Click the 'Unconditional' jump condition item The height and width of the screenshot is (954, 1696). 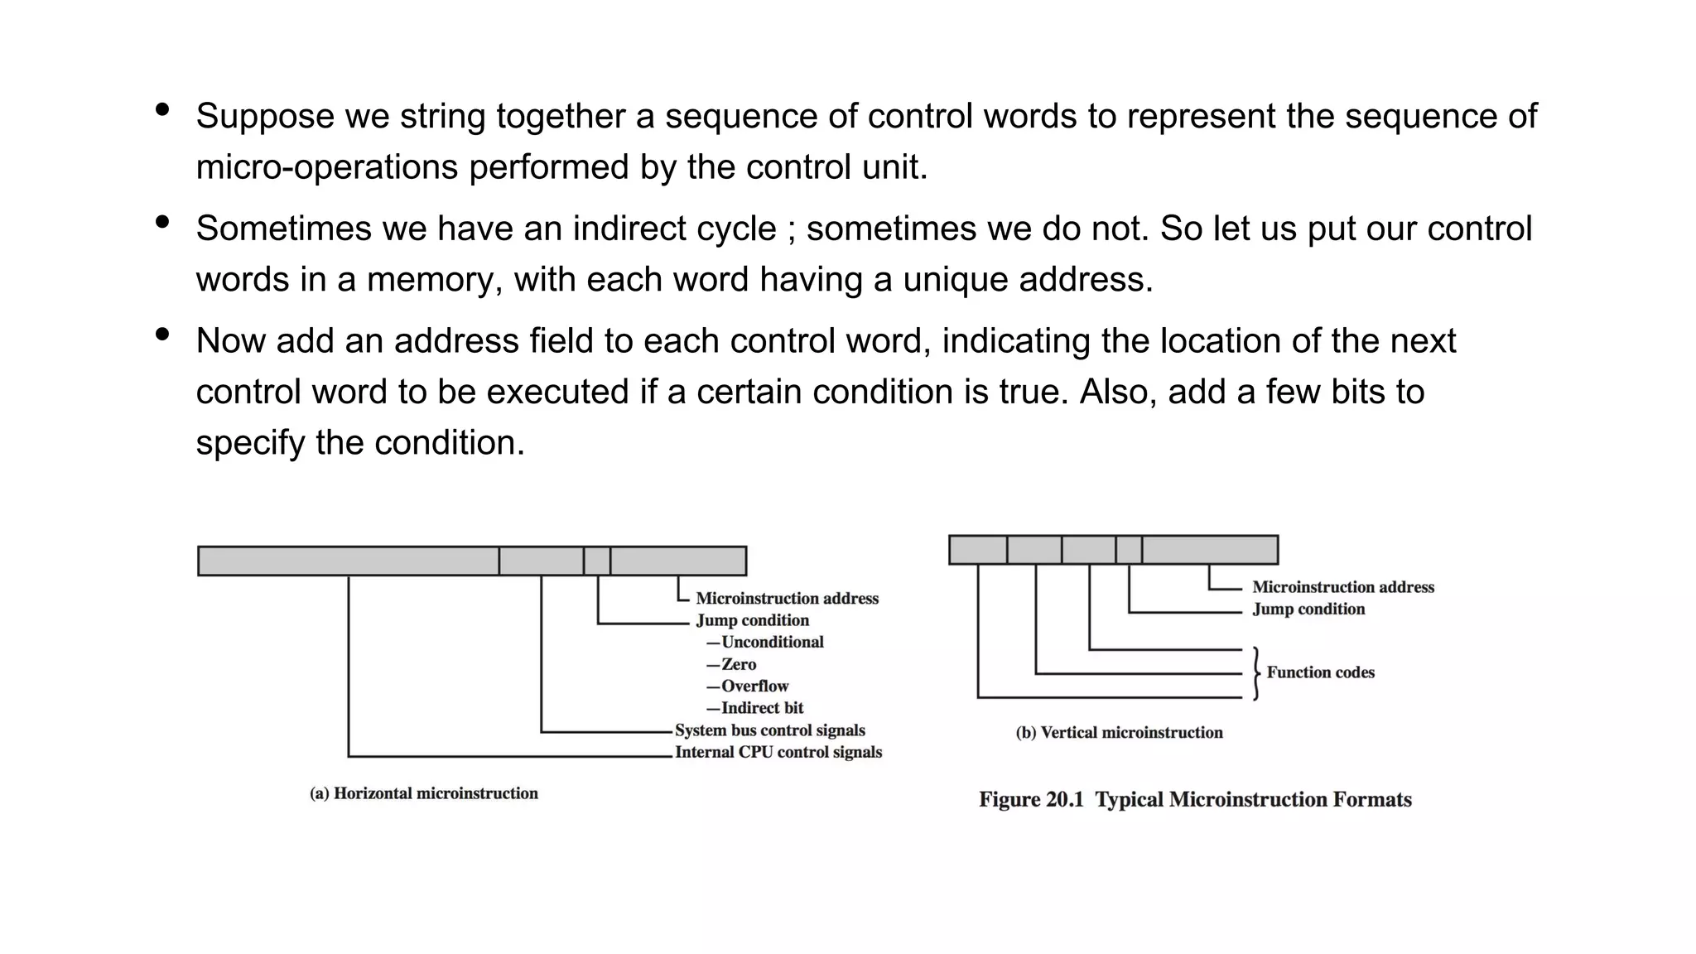(772, 643)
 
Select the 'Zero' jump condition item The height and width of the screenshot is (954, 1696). (738, 664)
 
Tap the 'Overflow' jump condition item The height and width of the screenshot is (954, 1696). (754, 687)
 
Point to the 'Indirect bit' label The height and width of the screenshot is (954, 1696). (761, 708)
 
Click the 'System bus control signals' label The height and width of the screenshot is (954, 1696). (769, 730)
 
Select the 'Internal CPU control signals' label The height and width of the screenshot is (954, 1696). (778, 752)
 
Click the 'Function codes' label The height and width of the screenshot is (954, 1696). (1320, 672)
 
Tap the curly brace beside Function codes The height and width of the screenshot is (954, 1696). (1256, 673)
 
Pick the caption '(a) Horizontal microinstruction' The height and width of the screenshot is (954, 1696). (423, 793)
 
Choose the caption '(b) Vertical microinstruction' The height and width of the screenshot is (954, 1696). (1119, 733)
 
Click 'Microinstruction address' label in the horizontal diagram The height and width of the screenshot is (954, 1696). (787, 599)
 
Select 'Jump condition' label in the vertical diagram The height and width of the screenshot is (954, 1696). (1308, 609)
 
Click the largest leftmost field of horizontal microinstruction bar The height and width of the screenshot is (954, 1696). (348, 561)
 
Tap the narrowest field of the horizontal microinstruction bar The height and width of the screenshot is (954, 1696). (596, 561)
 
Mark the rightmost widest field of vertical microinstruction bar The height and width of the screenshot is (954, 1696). (1209, 550)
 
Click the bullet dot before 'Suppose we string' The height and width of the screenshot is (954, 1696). (162, 109)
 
